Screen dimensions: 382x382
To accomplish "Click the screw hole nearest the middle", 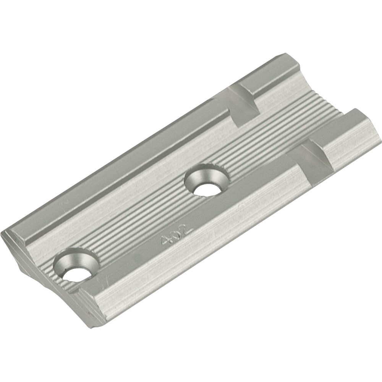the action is [207, 180].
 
